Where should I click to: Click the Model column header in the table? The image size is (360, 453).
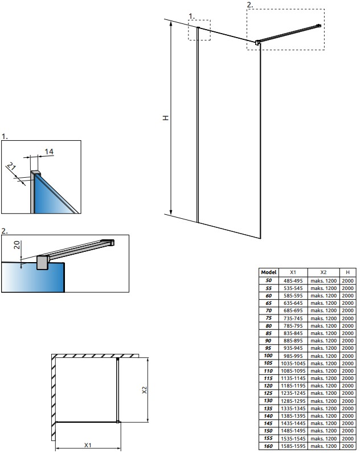[x=268, y=272]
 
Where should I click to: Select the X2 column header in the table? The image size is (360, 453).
[x=324, y=272]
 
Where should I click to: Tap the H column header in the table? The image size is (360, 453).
[x=347, y=272]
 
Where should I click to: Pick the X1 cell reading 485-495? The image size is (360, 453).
[x=293, y=280]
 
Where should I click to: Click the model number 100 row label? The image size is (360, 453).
[x=268, y=356]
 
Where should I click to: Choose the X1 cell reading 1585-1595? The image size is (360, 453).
[x=293, y=446]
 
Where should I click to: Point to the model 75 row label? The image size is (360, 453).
[x=268, y=318]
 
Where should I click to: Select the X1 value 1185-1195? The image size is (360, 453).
[x=293, y=386]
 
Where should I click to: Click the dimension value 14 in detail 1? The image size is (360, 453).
[x=49, y=152]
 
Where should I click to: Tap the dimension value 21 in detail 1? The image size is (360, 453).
[x=11, y=167]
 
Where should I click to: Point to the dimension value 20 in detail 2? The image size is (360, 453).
[x=17, y=245]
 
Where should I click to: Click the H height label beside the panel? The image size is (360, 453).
[x=166, y=117]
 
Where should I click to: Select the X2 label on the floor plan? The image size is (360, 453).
[x=144, y=390]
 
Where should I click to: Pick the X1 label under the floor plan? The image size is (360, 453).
[x=88, y=445]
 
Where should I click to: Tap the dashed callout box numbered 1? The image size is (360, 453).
[x=199, y=30]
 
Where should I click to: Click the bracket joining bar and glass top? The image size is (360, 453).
[x=257, y=43]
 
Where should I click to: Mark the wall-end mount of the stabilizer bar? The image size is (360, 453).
[x=319, y=26]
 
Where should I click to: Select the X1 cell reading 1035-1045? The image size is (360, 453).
[x=293, y=364]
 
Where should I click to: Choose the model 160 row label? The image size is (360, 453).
[x=268, y=446]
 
